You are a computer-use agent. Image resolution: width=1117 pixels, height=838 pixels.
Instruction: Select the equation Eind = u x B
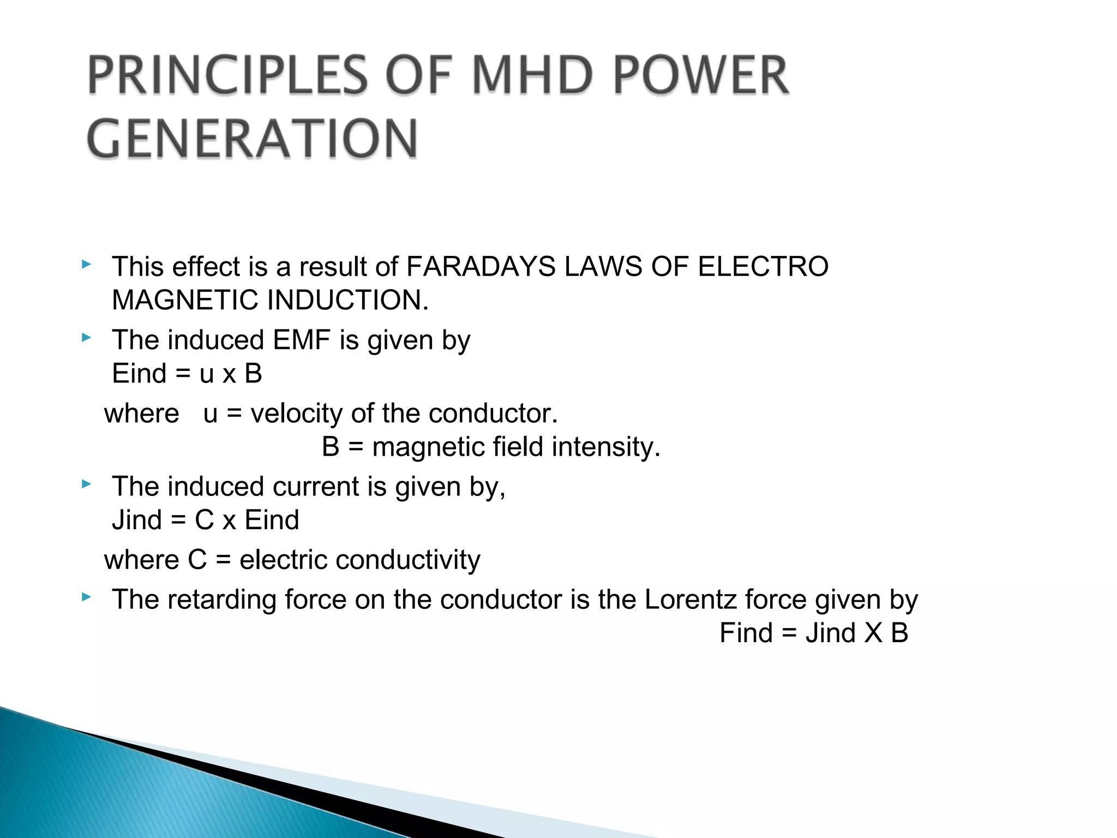[x=187, y=374]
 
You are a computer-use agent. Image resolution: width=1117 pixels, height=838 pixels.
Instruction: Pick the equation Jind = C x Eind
[x=206, y=520]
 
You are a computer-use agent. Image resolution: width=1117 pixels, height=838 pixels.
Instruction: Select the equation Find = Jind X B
[x=814, y=633]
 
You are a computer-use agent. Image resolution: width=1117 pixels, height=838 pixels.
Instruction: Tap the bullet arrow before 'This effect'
[x=86, y=265]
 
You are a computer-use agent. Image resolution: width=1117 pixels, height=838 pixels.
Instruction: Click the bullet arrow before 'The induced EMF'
[x=86, y=338]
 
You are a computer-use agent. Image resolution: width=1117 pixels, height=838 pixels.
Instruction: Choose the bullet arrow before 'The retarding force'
[x=86, y=597]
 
